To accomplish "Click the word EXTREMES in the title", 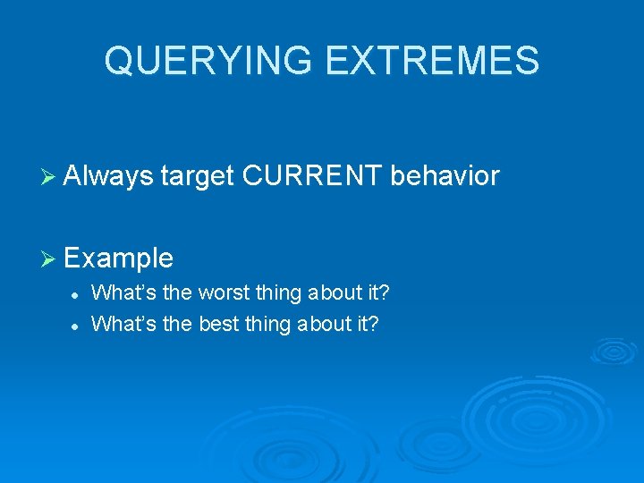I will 434,61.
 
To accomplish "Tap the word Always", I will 109,176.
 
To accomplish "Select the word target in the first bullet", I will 198,176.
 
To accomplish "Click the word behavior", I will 445,176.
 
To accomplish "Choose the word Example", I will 119,258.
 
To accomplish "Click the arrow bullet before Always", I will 51,177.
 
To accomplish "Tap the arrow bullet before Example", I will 51,259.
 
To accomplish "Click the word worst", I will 225,292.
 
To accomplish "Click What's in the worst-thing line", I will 124,292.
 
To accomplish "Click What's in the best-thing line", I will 124,323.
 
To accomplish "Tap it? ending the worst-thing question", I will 377,292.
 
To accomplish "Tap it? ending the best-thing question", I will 366,323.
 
